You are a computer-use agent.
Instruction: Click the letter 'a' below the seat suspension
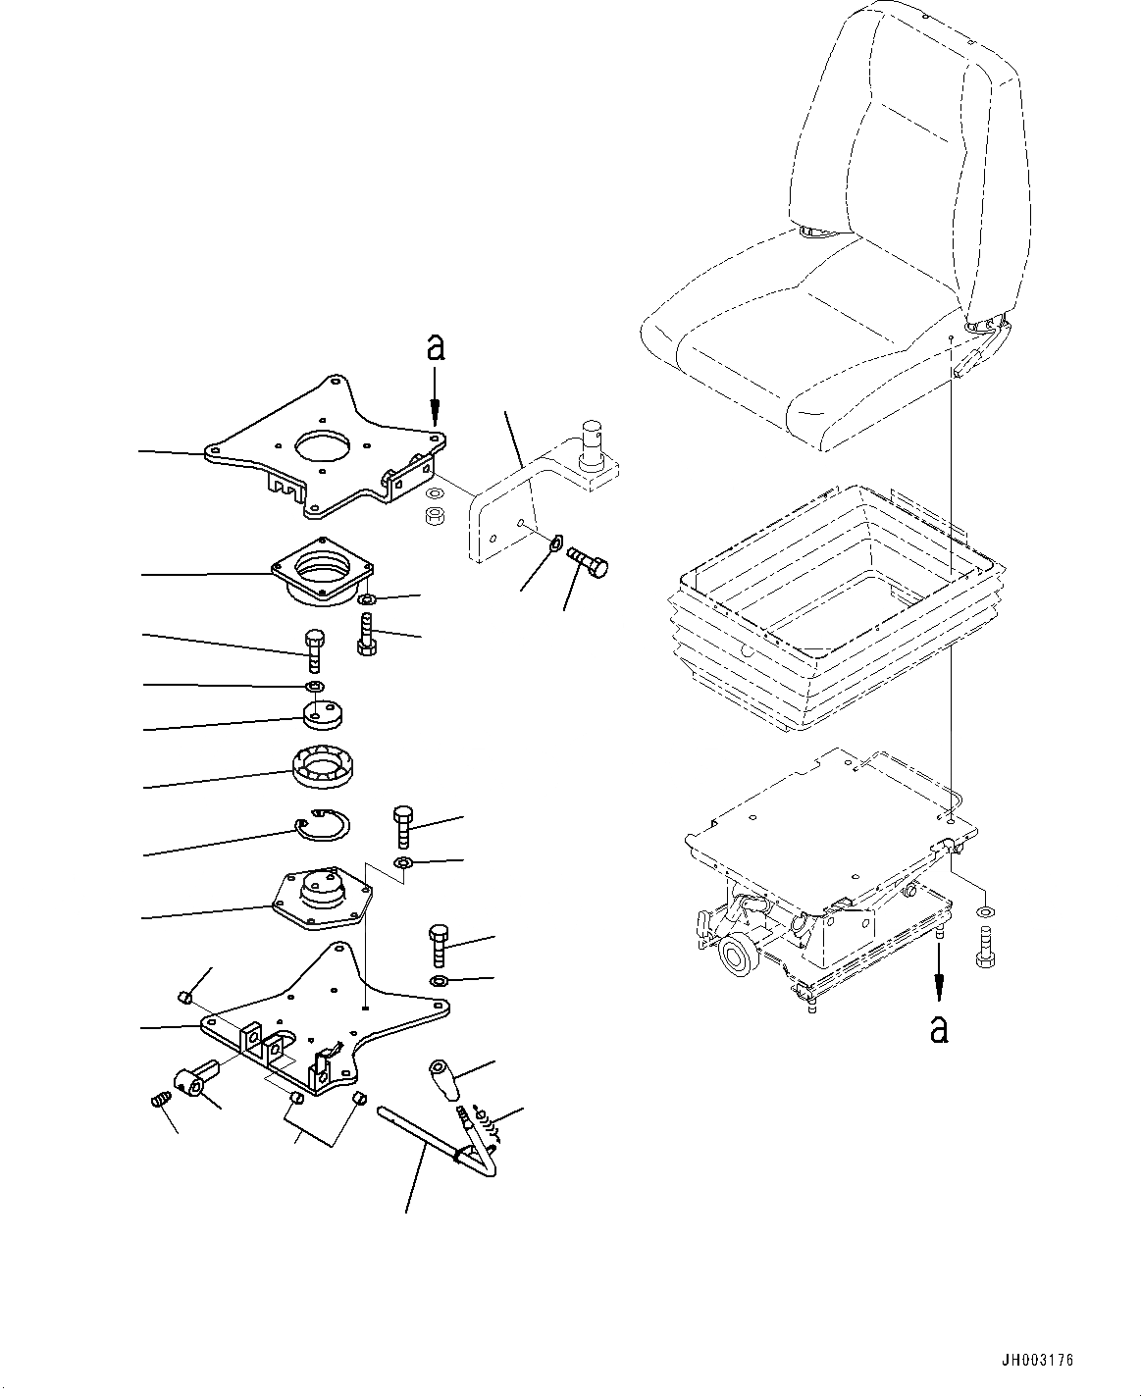[x=939, y=1027]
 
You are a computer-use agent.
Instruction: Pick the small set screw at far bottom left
[x=162, y=1102]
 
